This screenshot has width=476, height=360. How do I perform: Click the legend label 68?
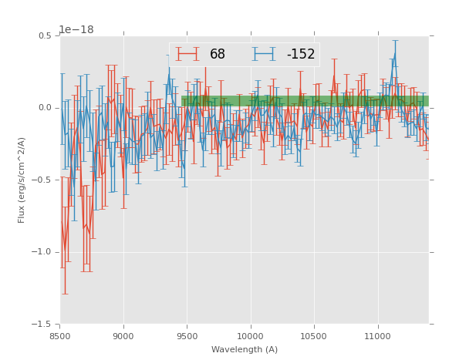pos(218,54)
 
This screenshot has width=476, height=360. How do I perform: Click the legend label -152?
pos(301,54)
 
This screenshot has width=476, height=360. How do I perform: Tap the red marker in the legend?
pos(187,54)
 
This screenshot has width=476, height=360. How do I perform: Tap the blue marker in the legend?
pos(264,54)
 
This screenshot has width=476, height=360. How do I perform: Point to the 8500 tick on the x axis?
pos(60,336)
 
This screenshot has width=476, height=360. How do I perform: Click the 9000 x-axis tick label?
pos(123,336)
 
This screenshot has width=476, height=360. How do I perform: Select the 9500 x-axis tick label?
pos(187,336)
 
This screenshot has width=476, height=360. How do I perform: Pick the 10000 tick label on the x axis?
pos(251,336)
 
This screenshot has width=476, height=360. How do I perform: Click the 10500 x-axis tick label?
pos(314,336)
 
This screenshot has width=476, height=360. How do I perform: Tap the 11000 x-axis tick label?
pos(378,336)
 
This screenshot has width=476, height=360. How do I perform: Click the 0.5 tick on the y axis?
pos(44,35)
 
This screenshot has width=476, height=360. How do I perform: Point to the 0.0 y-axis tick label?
pos(44,108)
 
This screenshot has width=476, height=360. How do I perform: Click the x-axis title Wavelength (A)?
pos(244,349)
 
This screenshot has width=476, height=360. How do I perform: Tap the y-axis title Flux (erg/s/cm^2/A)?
pos(22,180)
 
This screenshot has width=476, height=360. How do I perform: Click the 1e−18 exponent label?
pos(76,30)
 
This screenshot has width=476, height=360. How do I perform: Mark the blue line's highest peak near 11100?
pos(395,55)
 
